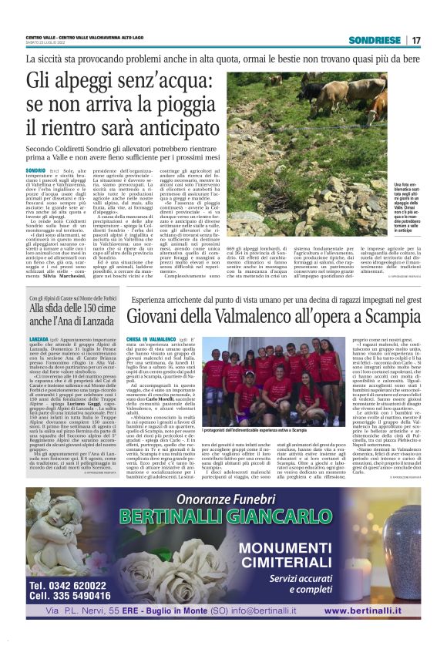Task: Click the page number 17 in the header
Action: (x=415, y=40)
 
